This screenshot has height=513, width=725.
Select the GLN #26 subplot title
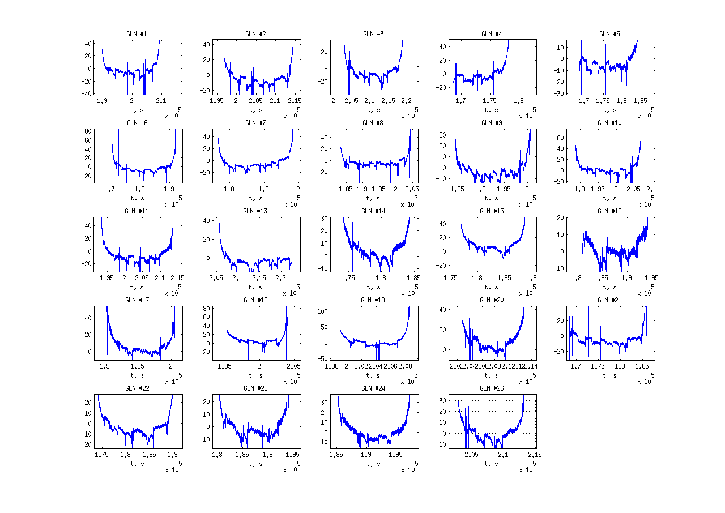491,388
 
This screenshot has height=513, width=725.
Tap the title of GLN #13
255,211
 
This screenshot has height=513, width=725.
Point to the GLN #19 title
373,300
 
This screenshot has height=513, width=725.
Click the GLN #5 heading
609,34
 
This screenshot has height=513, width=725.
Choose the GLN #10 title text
609,123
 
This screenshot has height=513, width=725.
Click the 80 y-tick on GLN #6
88,131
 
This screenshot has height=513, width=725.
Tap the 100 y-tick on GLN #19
321,311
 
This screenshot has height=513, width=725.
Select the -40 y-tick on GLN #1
87,94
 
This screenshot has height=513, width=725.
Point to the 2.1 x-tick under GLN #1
161,101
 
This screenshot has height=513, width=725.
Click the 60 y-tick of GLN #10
561,138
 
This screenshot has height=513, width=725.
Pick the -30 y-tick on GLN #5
559,94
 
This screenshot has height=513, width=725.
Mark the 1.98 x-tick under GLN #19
332,367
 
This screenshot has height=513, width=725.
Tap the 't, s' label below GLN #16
609,287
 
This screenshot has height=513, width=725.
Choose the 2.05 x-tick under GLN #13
215,278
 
